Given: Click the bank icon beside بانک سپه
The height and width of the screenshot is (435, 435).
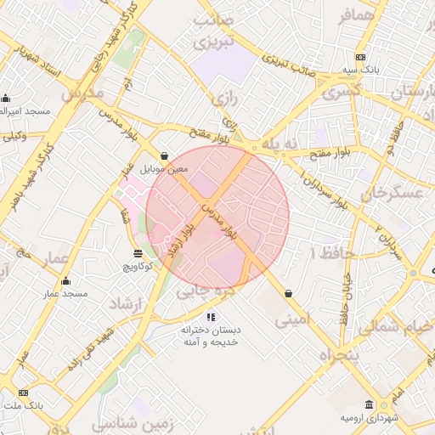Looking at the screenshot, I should pos(361,57).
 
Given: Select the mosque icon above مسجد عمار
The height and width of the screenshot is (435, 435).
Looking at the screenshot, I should pos(66,281).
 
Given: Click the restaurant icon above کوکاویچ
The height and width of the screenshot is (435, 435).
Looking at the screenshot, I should pos(138,253).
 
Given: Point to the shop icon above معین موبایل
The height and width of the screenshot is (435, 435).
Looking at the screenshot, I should pos(163,156).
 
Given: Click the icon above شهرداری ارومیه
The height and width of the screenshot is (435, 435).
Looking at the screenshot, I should pos(369,404).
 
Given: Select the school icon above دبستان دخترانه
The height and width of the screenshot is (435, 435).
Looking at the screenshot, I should pos(211,317).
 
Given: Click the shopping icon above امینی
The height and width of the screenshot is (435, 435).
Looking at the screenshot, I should pos(289,293).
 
